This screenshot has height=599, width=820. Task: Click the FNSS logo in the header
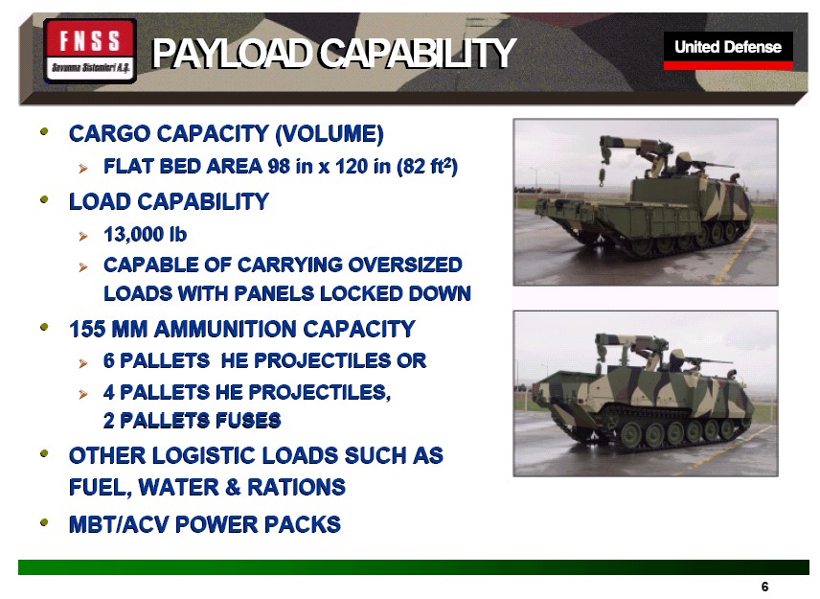pyautogui.click(x=90, y=51)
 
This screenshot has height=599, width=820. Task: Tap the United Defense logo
pyautogui.click(x=728, y=50)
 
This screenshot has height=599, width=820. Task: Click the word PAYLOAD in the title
pyautogui.click(x=230, y=54)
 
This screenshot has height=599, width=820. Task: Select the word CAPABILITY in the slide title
pyautogui.click(x=417, y=54)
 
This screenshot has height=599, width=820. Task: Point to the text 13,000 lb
pyautogui.click(x=145, y=235)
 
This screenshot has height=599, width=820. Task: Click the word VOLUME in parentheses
pyautogui.click(x=329, y=133)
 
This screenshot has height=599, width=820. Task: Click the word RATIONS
pyautogui.click(x=296, y=487)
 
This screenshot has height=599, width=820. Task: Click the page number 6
pyautogui.click(x=765, y=587)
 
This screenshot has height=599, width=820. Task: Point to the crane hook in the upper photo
pyautogui.click(x=602, y=175)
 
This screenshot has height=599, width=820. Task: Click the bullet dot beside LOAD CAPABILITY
pyautogui.click(x=44, y=199)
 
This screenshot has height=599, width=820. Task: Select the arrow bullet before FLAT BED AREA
pyautogui.click(x=83, y=169)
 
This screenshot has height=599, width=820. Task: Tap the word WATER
pyautogui.click(x=179, y=487)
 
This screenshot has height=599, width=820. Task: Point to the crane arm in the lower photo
pyautogui.click(x=627, y=341)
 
